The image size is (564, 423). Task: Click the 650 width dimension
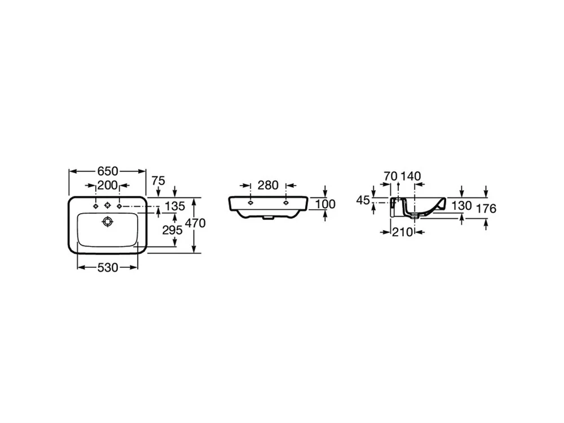[x=108, y=171]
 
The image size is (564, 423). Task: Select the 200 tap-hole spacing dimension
[x=108, y=185]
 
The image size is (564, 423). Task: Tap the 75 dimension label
[x=158, y=180]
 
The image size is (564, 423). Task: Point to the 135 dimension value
[x=175, y=206]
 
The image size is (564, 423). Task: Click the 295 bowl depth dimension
[x=172, y=230]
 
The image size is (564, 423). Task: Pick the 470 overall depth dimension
[x=195, y=223]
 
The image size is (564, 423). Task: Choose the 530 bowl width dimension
[x=108, y=267]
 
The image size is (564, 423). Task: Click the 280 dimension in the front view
[x=268, y=185]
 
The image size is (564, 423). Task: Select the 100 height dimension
[x=325, y=204]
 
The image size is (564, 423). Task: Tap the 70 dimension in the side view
[x=390, y=176]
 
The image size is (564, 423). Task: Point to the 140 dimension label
[x=411, y=176]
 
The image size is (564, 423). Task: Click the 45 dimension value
[x=363, y=200]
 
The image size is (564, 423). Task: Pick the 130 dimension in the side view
[x=461, y=206]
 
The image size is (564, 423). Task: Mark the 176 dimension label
[x=486, y=208]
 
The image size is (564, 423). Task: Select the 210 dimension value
[x=403, y=232]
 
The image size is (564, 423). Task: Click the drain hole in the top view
[x=107, y=222]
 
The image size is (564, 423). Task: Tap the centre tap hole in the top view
[x=107, y=206]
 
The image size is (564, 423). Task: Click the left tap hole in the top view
[x=95, y=206]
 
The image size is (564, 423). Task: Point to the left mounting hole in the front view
[x=251, y=203]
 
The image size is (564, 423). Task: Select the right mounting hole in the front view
[x=286, y=203]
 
